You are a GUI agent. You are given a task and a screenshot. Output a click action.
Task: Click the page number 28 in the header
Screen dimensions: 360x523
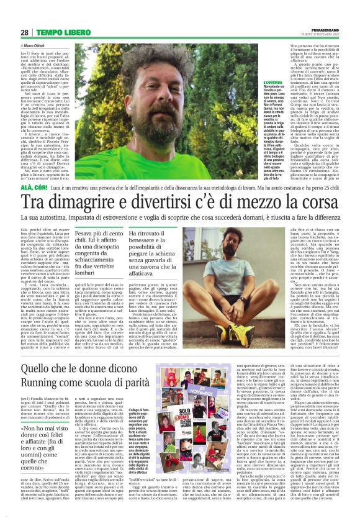tap(24, 32)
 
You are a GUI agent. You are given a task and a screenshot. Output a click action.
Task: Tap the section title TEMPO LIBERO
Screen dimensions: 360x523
tap(57, 32)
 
